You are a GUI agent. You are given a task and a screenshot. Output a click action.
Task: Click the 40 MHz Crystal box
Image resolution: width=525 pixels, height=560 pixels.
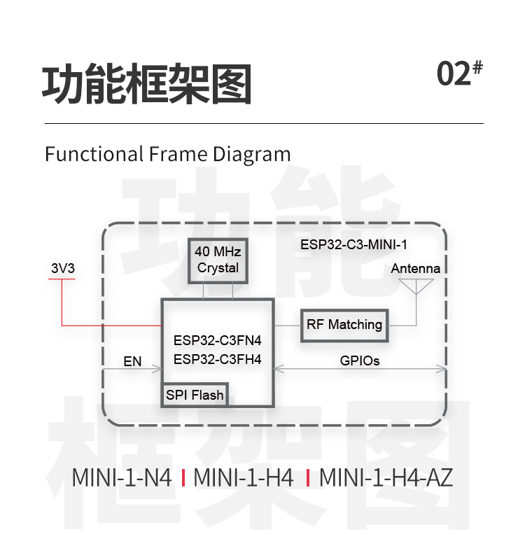(218, 260)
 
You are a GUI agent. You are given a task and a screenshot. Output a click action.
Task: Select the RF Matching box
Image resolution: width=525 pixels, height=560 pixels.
(344, 325)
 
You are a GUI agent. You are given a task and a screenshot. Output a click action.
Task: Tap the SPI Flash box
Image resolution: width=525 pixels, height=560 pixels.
(195, 395)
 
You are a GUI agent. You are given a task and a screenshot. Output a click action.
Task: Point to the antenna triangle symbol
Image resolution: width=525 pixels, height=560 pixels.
(416, 286)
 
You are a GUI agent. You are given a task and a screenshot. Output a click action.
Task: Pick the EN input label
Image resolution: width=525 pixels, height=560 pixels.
(132, 362)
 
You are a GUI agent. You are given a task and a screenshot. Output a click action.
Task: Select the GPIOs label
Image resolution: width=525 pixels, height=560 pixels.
(360, 361)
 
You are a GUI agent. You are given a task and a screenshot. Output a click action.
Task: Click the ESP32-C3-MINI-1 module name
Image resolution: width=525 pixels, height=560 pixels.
(353, 245)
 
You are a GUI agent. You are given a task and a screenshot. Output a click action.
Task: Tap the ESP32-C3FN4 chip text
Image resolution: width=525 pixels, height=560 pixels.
(217, 342)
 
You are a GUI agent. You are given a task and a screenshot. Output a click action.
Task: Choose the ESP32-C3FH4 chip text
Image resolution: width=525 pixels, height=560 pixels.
(217, 359)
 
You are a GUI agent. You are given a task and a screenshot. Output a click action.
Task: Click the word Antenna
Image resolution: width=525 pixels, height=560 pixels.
(416, 269)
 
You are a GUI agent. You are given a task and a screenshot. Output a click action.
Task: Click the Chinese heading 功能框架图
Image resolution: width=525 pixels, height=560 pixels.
(147, 85)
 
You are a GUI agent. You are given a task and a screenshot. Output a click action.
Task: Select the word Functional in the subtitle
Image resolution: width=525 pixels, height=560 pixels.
(94, 154)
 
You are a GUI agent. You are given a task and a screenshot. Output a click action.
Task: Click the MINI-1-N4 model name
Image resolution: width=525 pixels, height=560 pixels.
(122, 478)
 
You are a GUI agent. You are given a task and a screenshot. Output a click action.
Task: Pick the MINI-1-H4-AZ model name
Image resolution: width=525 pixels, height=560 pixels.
(386, 478)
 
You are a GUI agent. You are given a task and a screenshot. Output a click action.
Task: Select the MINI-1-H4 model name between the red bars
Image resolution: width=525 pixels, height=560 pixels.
(244, 478)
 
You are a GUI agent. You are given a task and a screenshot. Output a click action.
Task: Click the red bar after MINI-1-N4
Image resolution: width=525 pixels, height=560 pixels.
(183, 478)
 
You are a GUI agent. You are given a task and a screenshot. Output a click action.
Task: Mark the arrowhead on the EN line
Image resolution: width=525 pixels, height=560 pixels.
(160, 369)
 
